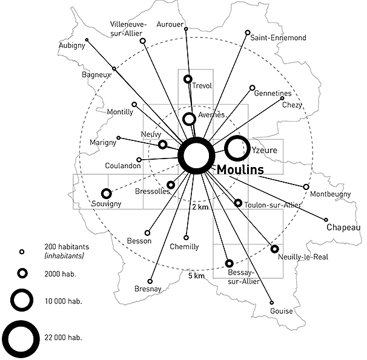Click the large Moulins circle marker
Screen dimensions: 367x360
point(196,156)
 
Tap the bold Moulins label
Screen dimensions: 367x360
point(239,170)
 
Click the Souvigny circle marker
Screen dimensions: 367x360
point(107,194)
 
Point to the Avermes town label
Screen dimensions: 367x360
point(211,114)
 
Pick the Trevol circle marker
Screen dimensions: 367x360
point(188,79)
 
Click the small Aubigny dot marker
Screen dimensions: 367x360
point(87,40)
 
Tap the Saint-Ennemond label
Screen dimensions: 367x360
point(278,38)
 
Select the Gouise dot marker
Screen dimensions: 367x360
point(271,303)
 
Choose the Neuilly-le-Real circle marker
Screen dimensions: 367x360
point(275,249)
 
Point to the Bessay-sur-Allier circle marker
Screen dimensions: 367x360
point(229,263)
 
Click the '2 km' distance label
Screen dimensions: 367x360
point(200,207)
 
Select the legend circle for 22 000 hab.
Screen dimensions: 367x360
point(21,336)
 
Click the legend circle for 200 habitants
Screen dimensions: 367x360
point(22,252)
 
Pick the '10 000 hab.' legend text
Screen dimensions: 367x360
point(63,301)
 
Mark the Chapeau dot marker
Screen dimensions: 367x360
point(326,220)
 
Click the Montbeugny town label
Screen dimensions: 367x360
point(330,194)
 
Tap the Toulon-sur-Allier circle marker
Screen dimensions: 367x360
point(238,203)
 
